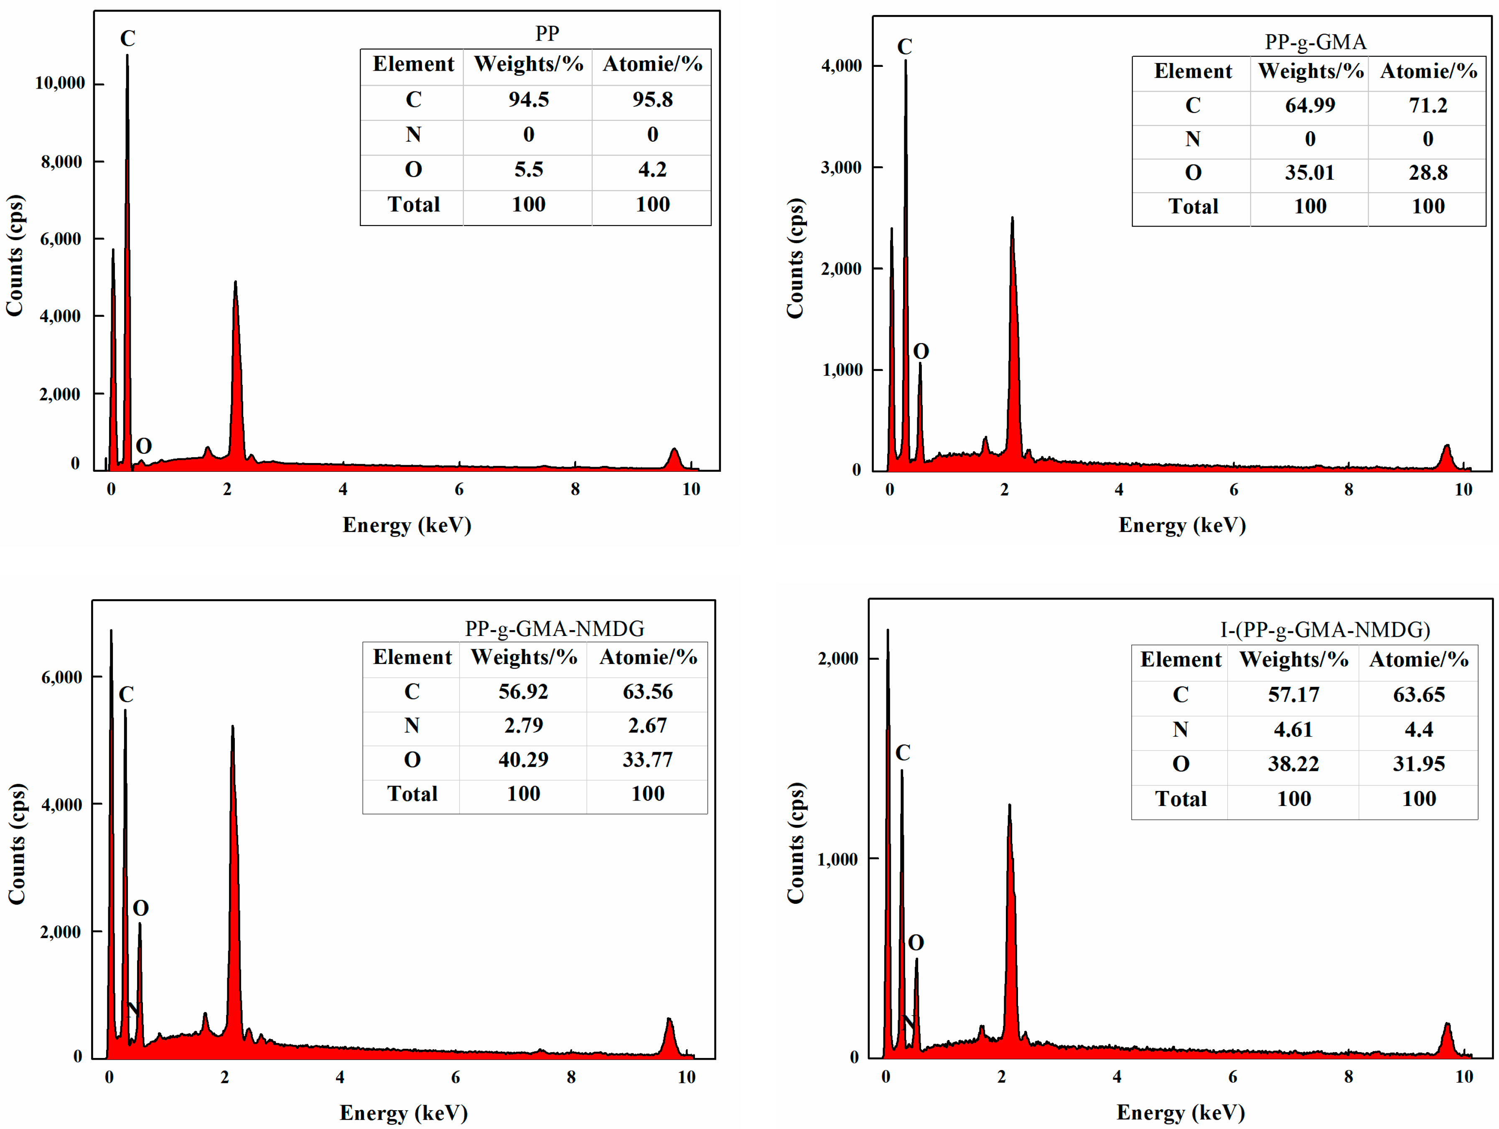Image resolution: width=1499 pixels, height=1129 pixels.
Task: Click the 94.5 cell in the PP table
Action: tap(529, 99)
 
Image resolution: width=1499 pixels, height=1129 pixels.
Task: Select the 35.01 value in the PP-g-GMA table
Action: tap(1309, 173)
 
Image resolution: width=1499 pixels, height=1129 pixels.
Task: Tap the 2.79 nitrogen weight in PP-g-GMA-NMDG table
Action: tap(523, 726)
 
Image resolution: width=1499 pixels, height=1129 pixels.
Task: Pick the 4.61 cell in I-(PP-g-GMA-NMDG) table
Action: tap(1293, 730)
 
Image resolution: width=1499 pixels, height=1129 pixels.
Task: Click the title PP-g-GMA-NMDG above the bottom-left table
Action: tap(554, 629)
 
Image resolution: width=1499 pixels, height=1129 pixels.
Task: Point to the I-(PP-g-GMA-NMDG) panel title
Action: tap(1325, 630)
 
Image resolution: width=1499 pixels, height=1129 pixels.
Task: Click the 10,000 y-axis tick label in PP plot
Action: tap(60, 83)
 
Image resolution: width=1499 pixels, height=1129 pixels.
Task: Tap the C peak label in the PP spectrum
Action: tap(127, 38)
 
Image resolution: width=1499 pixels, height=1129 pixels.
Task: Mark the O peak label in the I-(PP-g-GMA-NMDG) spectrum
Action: tap(916, 943)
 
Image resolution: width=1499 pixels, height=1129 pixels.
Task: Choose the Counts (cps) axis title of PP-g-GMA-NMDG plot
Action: tap(17, 844)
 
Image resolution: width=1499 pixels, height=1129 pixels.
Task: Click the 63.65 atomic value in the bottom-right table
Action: tap(1418, 694)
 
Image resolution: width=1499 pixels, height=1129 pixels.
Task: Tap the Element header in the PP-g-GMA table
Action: tap(1193, 71)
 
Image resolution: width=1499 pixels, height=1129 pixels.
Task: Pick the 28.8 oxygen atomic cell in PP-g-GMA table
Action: tap(1428, 173)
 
